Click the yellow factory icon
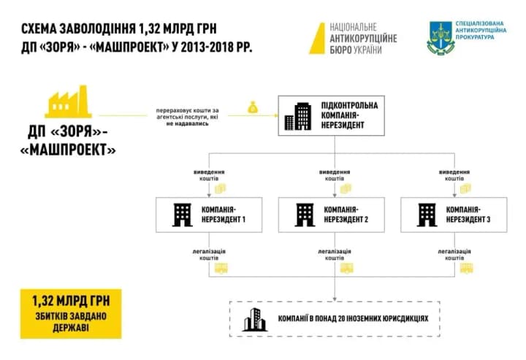click(x=67, y=103)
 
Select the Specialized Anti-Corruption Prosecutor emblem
click(x=440, y=37)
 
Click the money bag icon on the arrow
click(x=253, y=108)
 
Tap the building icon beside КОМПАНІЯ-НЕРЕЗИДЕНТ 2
click(x=302, y=212)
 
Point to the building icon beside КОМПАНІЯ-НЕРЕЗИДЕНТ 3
click(x=425, y=212)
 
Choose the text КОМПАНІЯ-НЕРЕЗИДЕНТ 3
click(x=466, y=213)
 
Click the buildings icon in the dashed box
click(x=254, y=319)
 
